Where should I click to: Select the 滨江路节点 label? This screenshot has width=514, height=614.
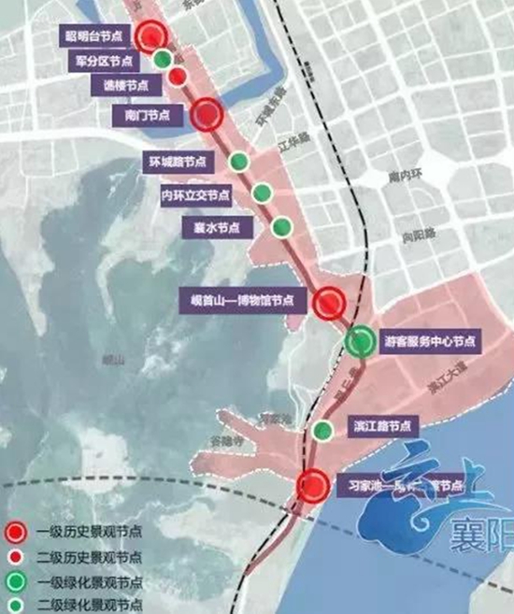(380, 425)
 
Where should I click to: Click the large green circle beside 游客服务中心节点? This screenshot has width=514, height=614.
(360, 342)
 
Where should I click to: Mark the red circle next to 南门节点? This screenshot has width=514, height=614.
(207, 114)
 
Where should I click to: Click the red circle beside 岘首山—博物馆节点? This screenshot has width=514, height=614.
(329, 303)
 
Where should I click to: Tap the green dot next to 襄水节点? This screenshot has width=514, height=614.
(280, 226)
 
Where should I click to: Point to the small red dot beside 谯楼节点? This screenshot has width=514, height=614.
(176, 78)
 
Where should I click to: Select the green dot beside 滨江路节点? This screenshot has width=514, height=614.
(322, 431)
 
